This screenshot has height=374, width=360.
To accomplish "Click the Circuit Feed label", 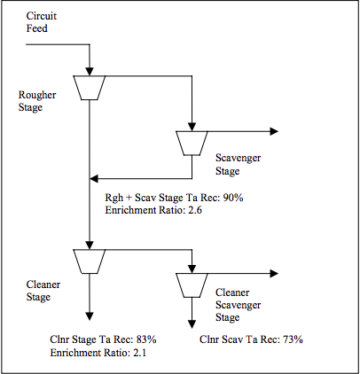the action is click(x=41, y=22).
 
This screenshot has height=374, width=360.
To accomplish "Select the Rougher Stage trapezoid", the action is click(x=90, y=88).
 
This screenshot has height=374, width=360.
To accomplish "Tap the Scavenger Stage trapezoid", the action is click(x=192, y=144).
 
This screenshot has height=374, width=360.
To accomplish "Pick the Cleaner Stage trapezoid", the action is click(x=90, y=261).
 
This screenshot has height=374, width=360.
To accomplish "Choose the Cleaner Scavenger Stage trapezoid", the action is click(x=192, y=285).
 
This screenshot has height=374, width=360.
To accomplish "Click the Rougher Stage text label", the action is click(x=37, y=101).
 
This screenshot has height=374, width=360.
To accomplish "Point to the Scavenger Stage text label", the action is click(x=238, y=164).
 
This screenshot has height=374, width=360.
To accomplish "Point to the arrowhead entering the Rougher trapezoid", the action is click(x=90, y=72).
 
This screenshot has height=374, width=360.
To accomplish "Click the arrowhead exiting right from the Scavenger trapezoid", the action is click(x=274, y=131).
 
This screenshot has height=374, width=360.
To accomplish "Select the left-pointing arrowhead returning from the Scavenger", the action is click(x=94, y=178).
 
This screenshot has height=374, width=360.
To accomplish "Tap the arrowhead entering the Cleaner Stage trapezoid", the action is click(x=90, y=245).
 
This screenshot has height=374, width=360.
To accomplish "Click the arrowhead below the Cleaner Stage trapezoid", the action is click(x=90, y=316).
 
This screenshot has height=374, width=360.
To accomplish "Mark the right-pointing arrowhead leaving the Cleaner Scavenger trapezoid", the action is click(x=274, y=274).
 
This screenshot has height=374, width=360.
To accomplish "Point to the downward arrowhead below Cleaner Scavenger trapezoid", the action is click(x=192, y=324).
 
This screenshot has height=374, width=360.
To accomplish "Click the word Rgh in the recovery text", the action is click(x=113, y=199).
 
